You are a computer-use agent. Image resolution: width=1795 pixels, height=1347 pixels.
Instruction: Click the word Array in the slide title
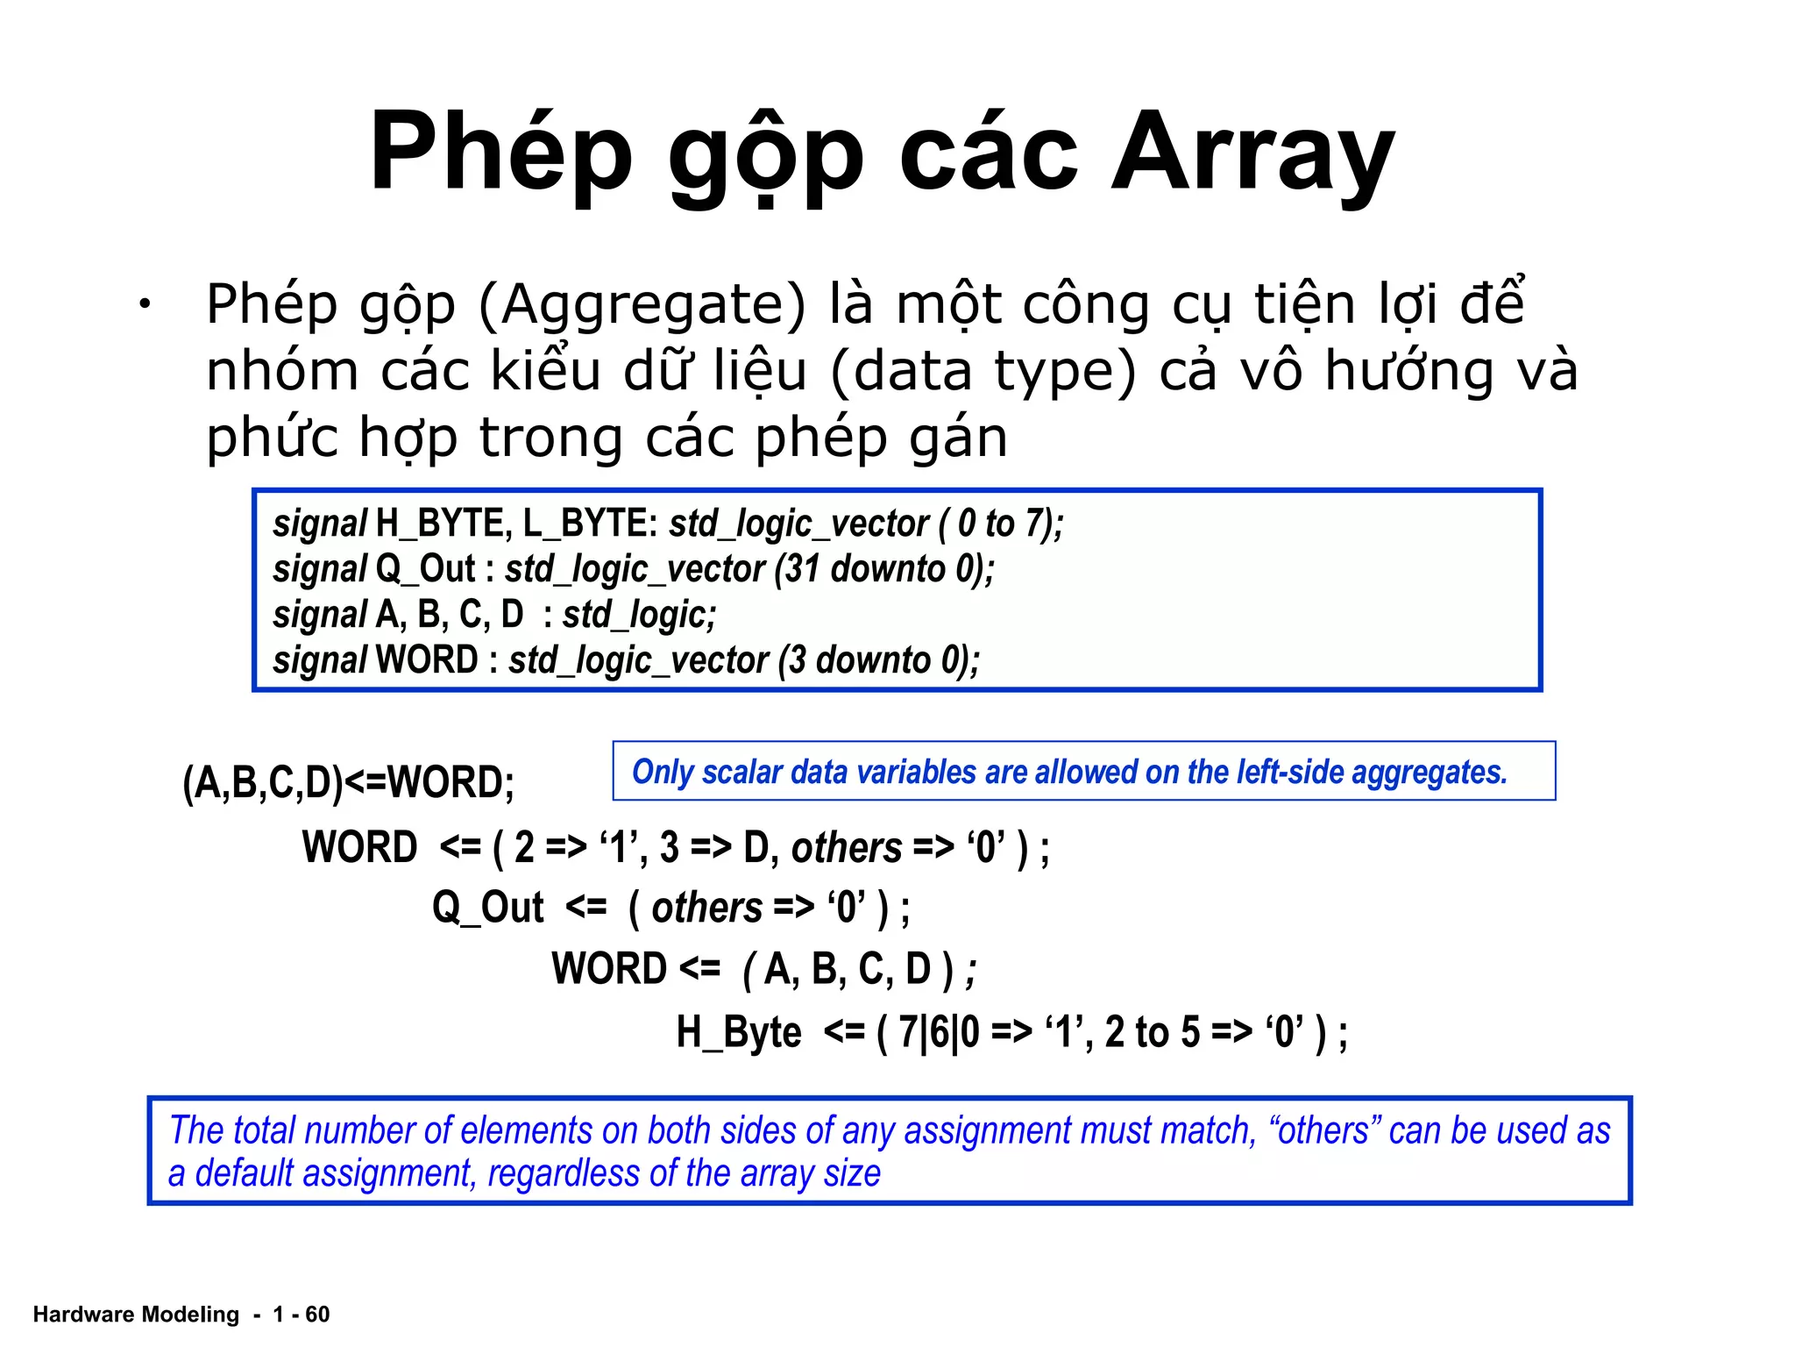[x=1252, y=153]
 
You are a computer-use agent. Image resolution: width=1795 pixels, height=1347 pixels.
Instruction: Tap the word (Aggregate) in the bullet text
[x=642, y=305]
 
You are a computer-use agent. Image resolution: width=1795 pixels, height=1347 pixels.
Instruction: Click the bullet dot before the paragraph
[x=144, y=305]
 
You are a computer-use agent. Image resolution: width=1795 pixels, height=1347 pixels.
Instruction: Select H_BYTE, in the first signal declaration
[x=443, y=524]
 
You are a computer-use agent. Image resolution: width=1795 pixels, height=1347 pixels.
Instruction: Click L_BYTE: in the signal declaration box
[x=590, y=524]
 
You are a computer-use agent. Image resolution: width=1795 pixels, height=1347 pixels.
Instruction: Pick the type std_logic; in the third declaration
[x=639, y=615]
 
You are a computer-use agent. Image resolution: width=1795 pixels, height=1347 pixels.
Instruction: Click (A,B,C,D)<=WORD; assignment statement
[x=348, y=782]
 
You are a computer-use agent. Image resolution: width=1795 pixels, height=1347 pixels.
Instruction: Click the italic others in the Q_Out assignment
[x=707, y=908]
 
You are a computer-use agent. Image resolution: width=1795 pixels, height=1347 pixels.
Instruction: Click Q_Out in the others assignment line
[x=488, y=908]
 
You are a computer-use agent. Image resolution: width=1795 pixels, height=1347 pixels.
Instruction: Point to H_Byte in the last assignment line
[x=738, y=1032]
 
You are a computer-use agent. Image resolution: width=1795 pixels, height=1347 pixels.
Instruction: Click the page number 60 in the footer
[x=317, y=1314]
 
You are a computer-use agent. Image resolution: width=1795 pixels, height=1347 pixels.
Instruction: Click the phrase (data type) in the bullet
[x=983, y=371]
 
